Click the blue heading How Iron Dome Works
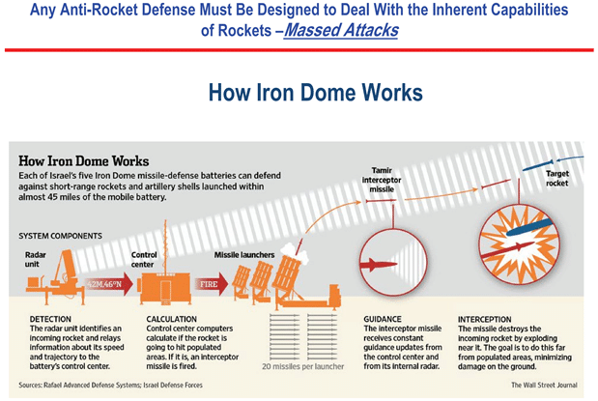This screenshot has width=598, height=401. (315, 93)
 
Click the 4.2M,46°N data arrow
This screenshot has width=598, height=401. (103, 284)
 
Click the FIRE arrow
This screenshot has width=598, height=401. (207, 285)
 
